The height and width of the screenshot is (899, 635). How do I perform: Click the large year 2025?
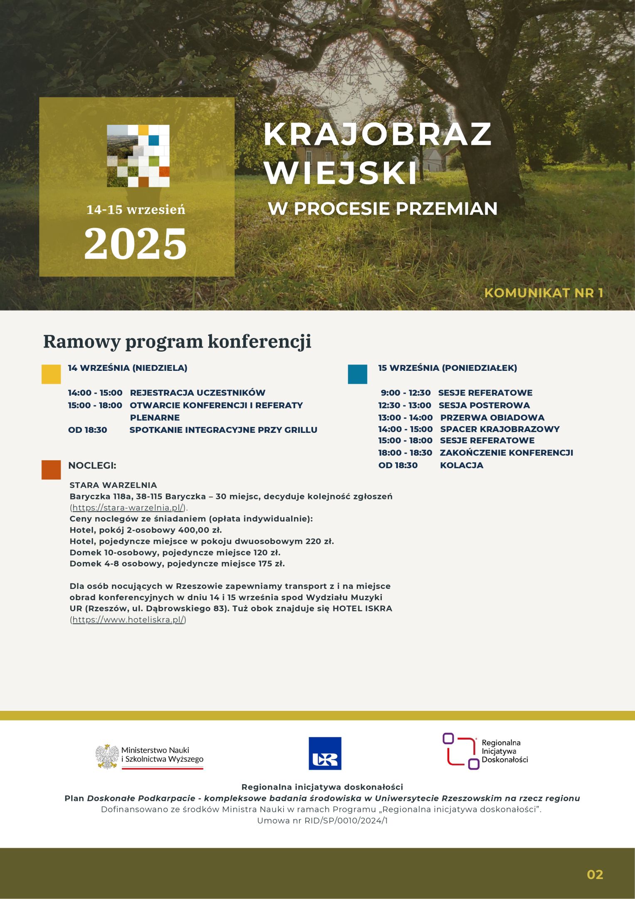tap(136, 244)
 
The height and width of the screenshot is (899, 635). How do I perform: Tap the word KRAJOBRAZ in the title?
tap(377, 134)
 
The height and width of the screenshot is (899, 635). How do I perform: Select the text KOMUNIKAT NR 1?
tap(544, 293)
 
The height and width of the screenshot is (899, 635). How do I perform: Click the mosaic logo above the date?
tap(138, 156)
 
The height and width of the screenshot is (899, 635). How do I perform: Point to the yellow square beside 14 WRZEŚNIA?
tap(51, 374)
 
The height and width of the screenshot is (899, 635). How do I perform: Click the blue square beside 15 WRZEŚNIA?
tap(357, 374)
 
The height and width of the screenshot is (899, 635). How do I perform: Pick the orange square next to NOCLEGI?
tap(51, 469)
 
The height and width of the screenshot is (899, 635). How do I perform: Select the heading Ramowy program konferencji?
tap(177, 341)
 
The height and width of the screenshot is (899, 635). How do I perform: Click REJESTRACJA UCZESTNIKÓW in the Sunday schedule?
tap(198, 392)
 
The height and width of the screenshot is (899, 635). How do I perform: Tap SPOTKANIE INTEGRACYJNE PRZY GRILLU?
tap(223, 430)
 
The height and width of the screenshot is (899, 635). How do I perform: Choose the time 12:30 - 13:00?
tap(404, 405)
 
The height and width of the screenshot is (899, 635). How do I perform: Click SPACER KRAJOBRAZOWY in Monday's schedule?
tap(499, 429)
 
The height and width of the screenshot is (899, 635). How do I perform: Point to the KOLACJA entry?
tap(462, 465)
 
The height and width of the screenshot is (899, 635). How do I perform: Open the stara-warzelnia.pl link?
tap(128, 507)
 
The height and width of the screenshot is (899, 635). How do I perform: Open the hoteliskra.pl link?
tap(128, 619)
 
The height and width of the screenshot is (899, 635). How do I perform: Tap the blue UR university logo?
tap(325, 753)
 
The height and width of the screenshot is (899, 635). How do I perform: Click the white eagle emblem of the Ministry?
tap(107, 756)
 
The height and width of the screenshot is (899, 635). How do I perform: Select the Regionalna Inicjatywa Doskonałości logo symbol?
tap(460, 751)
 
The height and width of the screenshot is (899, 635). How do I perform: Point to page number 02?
tap(595, 874)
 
